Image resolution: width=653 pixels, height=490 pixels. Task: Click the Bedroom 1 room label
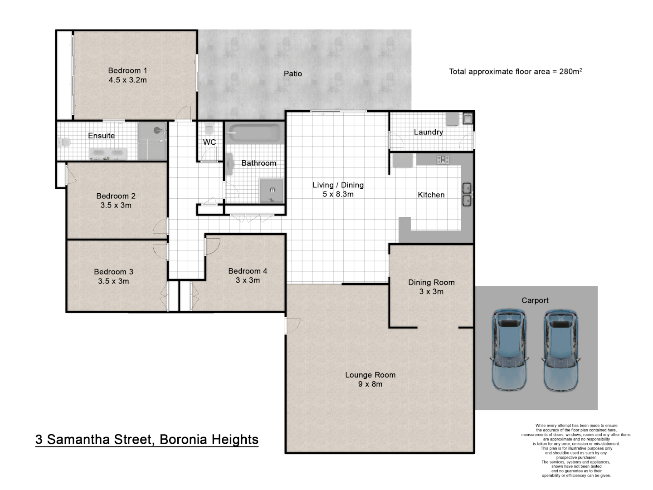pos(127,70)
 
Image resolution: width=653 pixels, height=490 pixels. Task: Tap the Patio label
pos(292,73)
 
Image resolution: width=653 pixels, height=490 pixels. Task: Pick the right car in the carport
pos(561,350)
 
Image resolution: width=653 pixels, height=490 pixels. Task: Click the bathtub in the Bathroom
pos(254,133)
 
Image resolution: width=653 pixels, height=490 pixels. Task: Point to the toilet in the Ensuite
pos(65,143)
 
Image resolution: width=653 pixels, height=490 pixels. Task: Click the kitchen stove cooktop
pos(443,160)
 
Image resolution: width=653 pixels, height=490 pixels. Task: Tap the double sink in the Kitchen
pos(467,194)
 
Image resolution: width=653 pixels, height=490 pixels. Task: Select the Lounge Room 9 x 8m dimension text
pos(370,384)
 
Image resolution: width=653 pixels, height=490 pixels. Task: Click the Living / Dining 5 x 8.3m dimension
pos(338,194)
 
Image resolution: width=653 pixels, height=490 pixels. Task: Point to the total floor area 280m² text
pos(515,71)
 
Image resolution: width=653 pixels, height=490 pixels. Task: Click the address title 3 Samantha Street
pos(147,439)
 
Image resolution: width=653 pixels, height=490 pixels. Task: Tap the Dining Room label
pos(431,282)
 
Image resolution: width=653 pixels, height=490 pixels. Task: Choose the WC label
pos(209,142)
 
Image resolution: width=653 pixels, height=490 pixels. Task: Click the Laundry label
pos(428,132)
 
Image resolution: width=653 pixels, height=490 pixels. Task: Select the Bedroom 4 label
pos(248,271)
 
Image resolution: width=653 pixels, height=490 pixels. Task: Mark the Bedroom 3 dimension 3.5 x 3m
pos(113,281)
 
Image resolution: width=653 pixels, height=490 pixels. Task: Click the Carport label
pos(535,300)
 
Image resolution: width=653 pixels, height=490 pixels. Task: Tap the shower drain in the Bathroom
pos(273,191)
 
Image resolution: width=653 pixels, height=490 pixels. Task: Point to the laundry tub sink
pos(468,119)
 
